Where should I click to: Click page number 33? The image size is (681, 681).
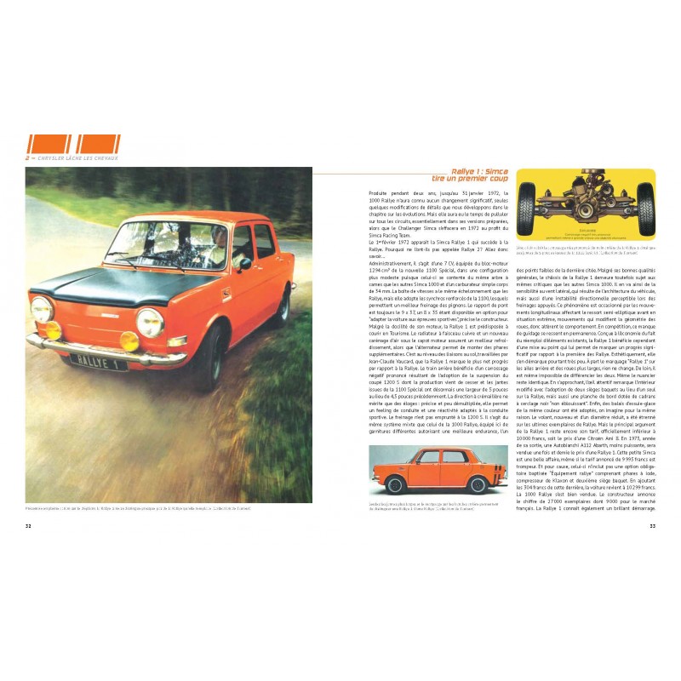[x=652, y=525]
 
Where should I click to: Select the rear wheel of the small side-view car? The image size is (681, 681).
[x=478, y=485]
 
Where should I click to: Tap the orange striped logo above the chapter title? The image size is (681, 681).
[x=73, y=143]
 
